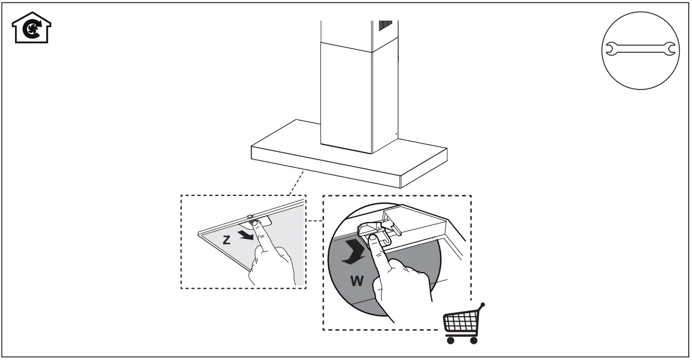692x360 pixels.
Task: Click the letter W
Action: pos(357,281)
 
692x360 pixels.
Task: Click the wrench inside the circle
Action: pos(639,50)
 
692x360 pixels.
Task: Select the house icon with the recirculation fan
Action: pos(32,28)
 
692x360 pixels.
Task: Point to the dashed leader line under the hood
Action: pos(296,183)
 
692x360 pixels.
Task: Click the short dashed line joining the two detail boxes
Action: pos(314,221)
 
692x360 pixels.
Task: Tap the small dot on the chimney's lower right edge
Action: pos(396,134)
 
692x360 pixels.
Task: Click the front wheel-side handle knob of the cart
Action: pos(483,305)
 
